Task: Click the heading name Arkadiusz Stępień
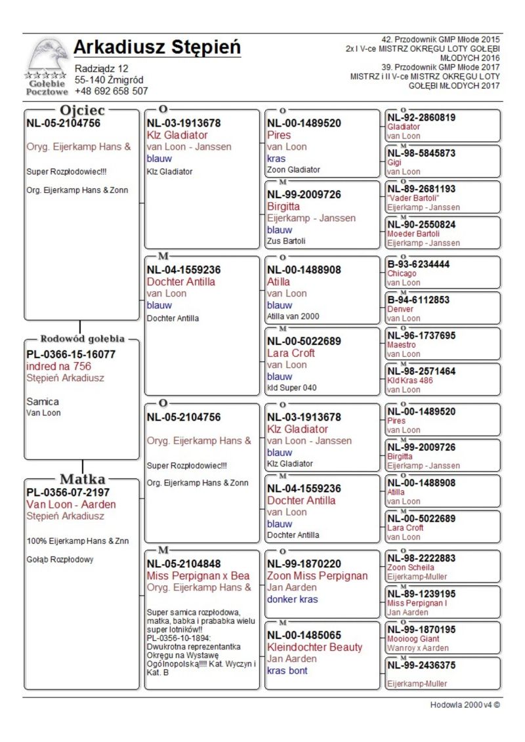pos(157,48)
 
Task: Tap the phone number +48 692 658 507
pos(112,91)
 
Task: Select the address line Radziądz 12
pos(102,68)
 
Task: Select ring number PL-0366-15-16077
pos(71,354)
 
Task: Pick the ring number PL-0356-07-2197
pos(68,492)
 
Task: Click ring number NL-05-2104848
pos(184,564)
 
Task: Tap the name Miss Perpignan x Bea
pos(198,575)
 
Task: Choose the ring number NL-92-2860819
pos(421,117)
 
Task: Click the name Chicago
pos(402,274)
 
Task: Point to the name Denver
pos(400,309)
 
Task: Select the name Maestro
pos(402,344)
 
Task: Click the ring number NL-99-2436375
pos(421,665)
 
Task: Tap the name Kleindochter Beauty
pos(314,647)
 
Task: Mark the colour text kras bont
pos(287,670)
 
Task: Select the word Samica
pos(43,402)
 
